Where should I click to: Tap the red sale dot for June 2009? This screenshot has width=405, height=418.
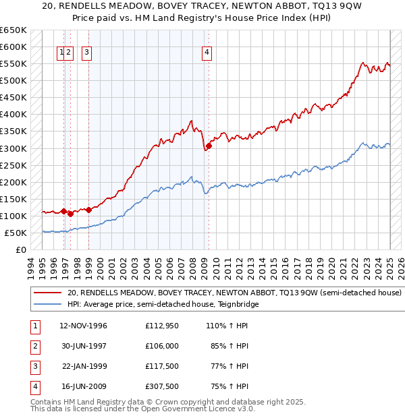tap(209, 146)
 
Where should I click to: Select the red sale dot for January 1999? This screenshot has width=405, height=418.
tap(89, 210)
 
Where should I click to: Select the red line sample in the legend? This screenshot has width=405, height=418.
tap(47, 293)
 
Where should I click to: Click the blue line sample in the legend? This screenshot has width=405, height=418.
tap(47, 305)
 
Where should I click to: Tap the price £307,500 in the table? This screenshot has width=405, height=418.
tap(162, 386)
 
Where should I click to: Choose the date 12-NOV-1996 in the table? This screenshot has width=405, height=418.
tap(84, 326)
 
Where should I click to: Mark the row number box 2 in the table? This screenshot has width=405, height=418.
tap(35, 346)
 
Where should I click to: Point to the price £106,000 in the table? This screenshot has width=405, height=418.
tap(162, 346)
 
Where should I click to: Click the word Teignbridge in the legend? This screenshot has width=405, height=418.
tap(236, 305)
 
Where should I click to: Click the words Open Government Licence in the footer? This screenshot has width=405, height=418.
tap(193, 409)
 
